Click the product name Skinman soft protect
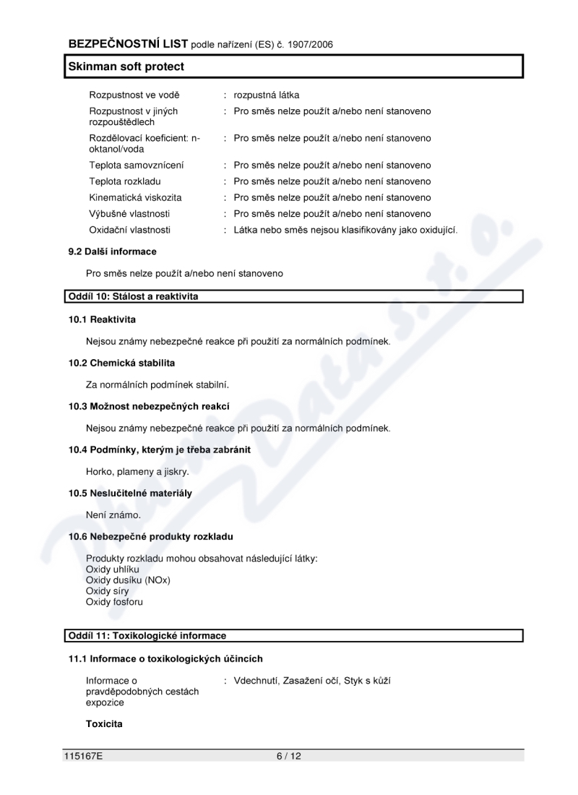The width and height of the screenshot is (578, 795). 126,66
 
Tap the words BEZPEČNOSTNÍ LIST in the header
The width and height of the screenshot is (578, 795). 128,44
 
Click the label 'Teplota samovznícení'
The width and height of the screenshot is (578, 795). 136,165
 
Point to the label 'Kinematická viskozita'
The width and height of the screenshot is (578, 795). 135,197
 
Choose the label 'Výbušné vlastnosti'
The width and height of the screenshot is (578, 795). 130,213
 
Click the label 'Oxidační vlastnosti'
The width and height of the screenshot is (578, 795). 130,230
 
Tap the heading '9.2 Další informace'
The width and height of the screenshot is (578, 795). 112,252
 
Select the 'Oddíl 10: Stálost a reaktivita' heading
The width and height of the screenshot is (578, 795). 132,296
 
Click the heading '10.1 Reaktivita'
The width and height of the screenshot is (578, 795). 102,319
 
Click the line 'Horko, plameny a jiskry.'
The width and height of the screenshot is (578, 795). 137,472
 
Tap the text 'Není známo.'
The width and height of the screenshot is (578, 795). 113,515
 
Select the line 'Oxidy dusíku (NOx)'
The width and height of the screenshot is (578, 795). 128,580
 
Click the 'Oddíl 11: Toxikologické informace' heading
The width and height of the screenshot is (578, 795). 147,636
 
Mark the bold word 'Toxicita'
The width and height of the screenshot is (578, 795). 104,723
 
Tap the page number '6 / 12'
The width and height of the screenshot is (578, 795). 288,757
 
